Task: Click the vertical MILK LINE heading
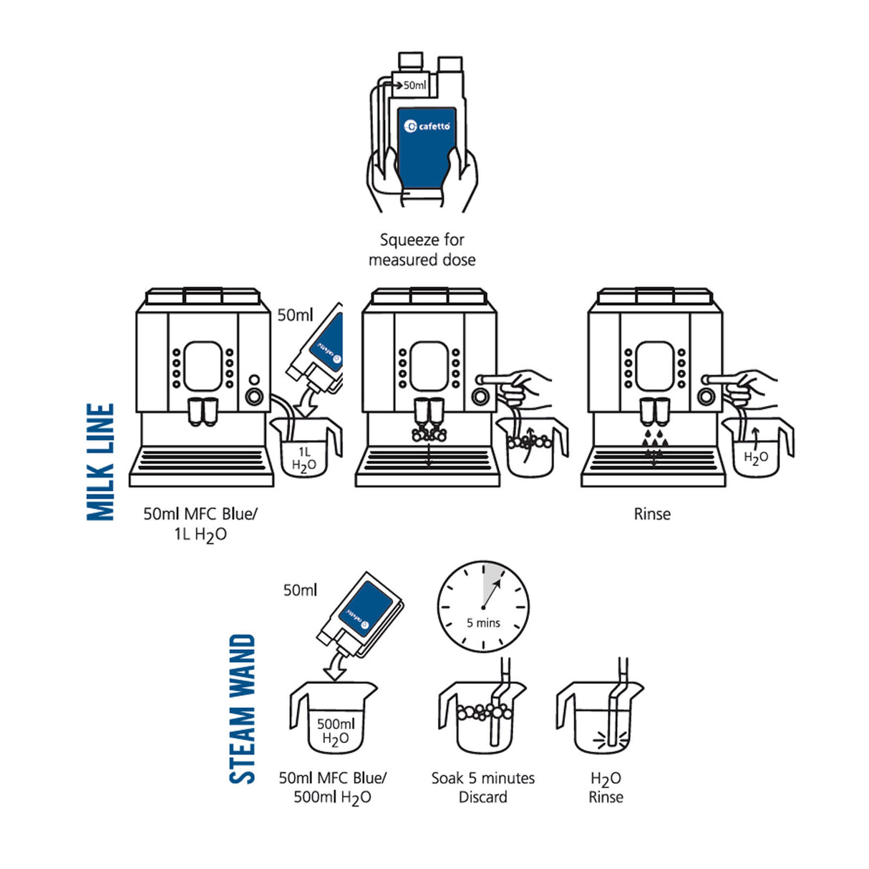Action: coord(100,462)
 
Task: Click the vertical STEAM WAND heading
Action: coord(242,709)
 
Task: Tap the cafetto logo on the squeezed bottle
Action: coord(427,126)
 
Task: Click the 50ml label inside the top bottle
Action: coord(414,85)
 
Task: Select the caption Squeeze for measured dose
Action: coord(422,250)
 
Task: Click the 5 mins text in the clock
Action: coord(483,623)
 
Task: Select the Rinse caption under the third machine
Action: coord(652,514)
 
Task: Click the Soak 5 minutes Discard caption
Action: coord(482,787)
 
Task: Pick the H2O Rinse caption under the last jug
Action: coord(606,787)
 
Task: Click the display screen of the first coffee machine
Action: coord(203,366)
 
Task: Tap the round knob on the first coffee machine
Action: coord(253,396)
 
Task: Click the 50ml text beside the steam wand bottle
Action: coord(300,591)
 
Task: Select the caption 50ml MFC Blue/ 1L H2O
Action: coord(200,524)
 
